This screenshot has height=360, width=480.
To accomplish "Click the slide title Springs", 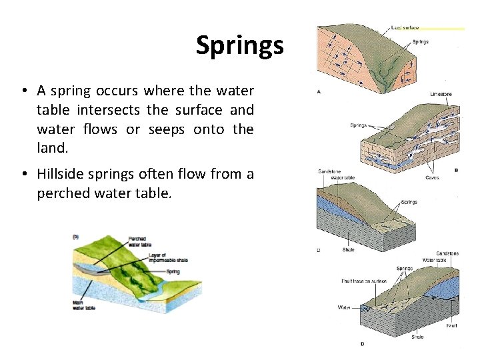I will tap(239, 45).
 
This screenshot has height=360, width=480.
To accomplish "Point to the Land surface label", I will tap(405, 27).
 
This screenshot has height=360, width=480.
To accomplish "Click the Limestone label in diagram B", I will tap(440, 94).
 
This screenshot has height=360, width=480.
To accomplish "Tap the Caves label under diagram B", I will tap(432, 178).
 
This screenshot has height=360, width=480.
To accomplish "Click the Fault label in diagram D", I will tap(451, 325).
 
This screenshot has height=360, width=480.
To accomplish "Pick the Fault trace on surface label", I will tap(365, 281).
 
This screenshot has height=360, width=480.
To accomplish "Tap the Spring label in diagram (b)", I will tap(173, 271).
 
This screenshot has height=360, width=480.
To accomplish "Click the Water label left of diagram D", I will tap(344, 307).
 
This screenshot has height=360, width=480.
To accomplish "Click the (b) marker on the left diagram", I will tap(76, 236).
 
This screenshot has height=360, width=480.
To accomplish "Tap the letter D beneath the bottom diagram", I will tap(362, 343).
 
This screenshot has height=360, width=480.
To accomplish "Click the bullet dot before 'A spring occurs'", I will tap(23, 91).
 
